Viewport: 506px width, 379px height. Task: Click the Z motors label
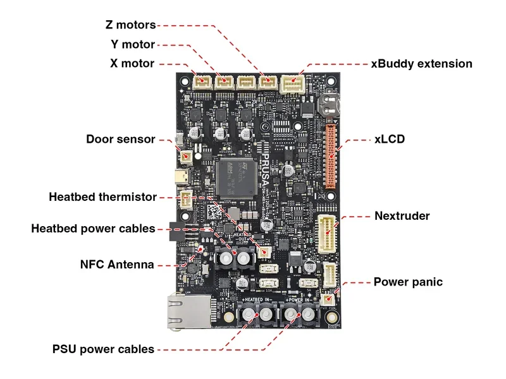pyautogui.click(x=130, y=25)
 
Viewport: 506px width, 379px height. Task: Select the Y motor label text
pyautogui.click(x=133, y=45)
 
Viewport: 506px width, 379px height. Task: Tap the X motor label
pyautogui.click(x=132, y=64)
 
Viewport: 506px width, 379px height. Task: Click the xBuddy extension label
pyautogui.click(x=421, y=64)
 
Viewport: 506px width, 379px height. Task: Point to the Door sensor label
pyautogui.click(x=121, y=139)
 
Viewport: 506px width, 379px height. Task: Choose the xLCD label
pyautogui.click(x=389, y=139)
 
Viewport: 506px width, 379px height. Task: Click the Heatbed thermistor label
pyautogui.click(x=102, y=197)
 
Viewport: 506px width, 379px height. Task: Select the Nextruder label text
pyautogui.click(x=402, y=216)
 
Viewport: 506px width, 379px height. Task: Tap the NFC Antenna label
pyautogui.click(x=117, y=265)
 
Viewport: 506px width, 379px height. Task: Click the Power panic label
pyautogui.click(x=408, y=282)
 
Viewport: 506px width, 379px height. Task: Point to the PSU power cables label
pyautogui.click(x=103, y=349)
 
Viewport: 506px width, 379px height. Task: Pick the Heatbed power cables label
pyautogui.click(x=93, y=229)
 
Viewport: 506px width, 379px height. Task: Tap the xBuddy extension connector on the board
pyautogui.click(x=293, y=83)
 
